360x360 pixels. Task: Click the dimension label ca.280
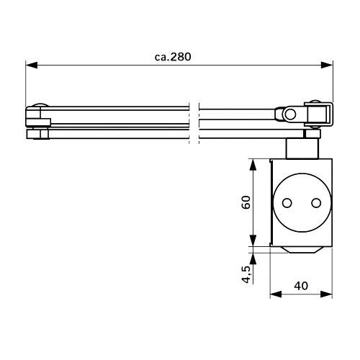(x=173, y=57)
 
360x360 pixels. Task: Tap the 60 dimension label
(x=246, y=202)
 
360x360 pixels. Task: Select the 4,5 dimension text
(x=246, y=274)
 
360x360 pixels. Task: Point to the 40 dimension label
(x=301, y=286)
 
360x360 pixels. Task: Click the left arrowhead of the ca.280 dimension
(x=32, y=65)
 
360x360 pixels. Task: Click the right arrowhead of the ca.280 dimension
(x=327, y=65)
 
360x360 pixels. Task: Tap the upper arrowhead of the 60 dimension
(x=253, y=165)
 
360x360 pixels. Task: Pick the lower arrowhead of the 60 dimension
(x=253, y=240)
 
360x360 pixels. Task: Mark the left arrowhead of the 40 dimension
(x=276, y=294)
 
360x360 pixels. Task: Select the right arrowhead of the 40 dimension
(x=326, y=294)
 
